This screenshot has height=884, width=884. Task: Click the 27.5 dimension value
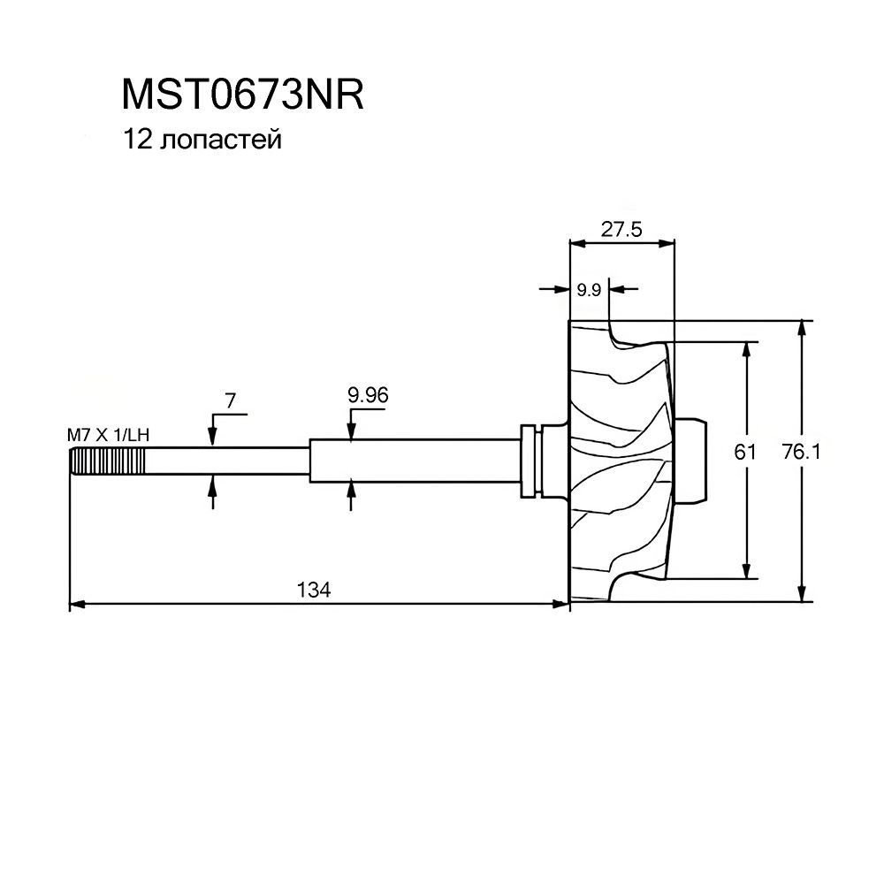pyautogui.click(x=621, y=228)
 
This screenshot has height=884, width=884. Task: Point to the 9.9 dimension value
pyautogui.click(x=589, y=289)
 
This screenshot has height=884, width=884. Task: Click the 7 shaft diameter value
pyautogui.click(x=230, y=401)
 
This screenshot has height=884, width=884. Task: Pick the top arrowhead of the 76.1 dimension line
pyautogui.click(x=803, y=326)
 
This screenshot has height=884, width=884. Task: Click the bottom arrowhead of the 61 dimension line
pyautogui.click(x=749, y=570)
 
